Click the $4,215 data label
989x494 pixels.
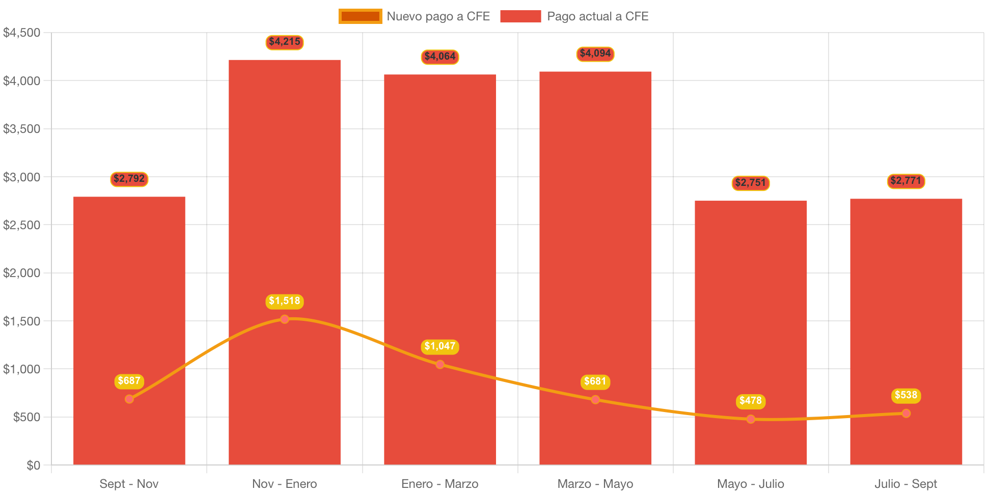(284, 42)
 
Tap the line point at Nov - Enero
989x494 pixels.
(284, 319)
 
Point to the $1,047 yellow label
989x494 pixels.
(440, 346)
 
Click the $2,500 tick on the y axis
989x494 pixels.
(22, 225)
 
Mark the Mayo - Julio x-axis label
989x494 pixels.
(750, 484)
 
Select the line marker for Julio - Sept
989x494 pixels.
(905, 414)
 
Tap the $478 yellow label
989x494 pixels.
(750, 401)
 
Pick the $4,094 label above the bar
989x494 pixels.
(595, 53)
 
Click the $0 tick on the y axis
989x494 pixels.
(34, 465)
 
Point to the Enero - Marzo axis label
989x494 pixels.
(439, 484)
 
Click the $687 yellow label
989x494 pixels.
(129, 381)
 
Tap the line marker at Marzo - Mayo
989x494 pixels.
(595, 400)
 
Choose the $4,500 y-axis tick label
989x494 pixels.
(22, 33)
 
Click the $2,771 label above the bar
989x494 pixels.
(905, 181)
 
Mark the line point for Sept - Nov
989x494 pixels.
(129, 399)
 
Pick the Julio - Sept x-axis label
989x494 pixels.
(905, 484)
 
